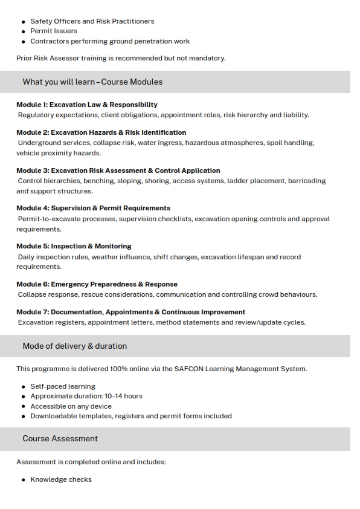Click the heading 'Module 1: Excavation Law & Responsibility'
click(87, 105)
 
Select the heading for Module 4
click(93, 208)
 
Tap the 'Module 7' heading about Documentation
click(130, 312)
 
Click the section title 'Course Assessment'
click(60, 438)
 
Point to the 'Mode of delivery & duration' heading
click(74, 346)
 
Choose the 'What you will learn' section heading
click(92, 82)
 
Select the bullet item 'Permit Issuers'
click(54, 31)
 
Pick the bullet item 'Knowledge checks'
click(61, 479)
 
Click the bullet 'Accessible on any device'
click(71, 406)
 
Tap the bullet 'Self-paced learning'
click(63, 386)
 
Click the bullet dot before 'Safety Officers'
click(23, 21)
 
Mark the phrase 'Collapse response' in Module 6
click(45, 294)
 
